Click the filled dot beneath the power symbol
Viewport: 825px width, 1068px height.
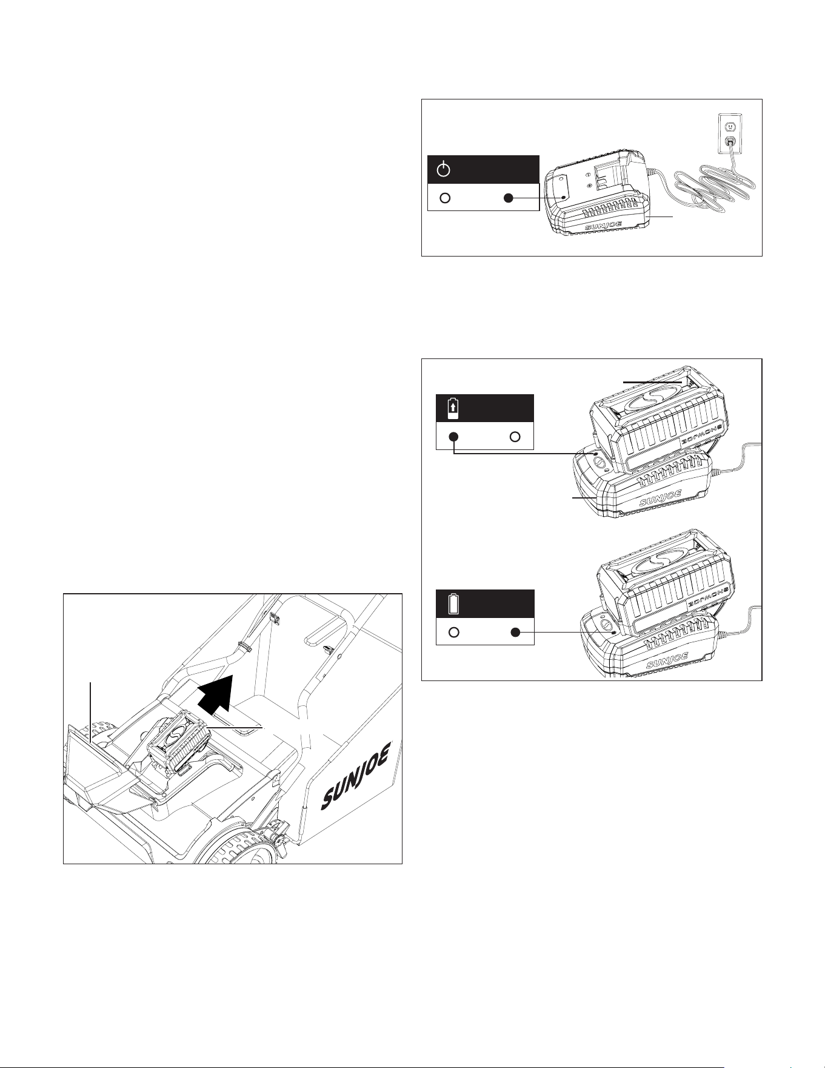tap(509, 198)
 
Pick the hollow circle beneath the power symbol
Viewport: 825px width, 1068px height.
tap(445, 198)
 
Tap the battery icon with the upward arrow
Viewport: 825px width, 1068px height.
tap(453, 408)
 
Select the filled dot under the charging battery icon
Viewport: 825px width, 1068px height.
tap(453, 437)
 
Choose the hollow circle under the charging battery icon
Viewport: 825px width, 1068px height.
tap(515, 437)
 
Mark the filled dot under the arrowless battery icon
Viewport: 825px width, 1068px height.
tap(515, 633)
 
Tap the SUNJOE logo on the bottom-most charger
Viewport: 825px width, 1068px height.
tap(667, 660)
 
